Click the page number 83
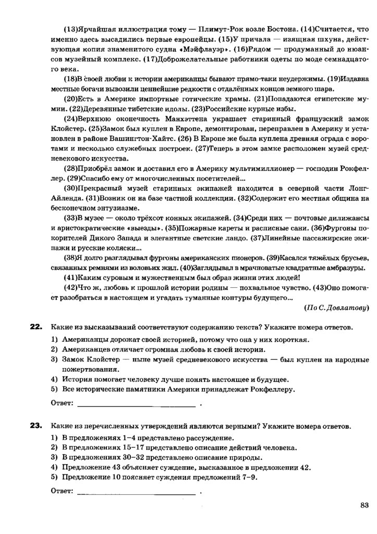pos(364,504)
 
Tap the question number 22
pos(35,327)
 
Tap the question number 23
pos(35,426)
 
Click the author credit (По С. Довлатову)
pos(336,308)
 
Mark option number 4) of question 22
pos(54,379)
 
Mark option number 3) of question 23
pos(54,457)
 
